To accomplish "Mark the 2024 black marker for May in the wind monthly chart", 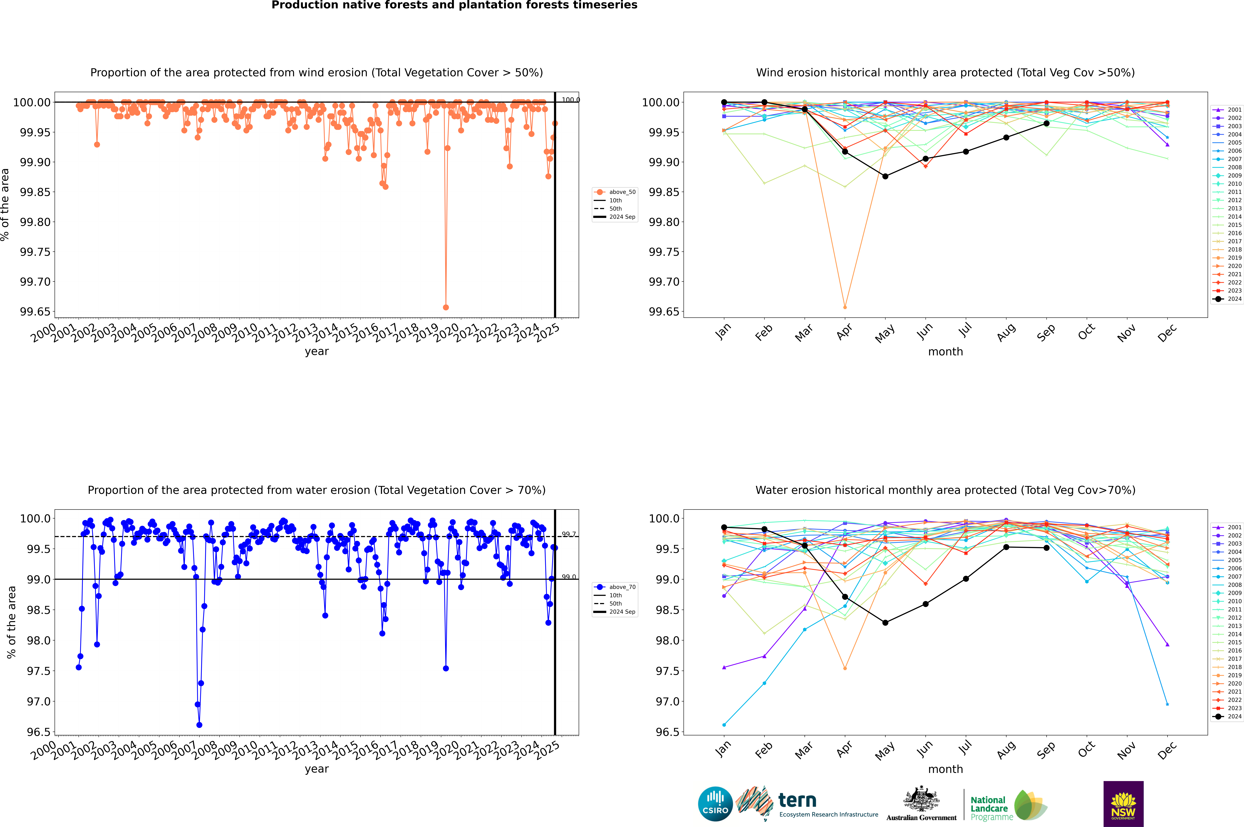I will tap(885, 176).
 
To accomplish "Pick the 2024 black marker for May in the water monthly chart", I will tap(885, 623).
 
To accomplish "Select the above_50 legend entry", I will tap(615, 192).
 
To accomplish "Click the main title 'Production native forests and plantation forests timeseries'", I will tap(454, 5).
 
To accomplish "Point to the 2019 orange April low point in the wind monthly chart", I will tap(845, 307).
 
